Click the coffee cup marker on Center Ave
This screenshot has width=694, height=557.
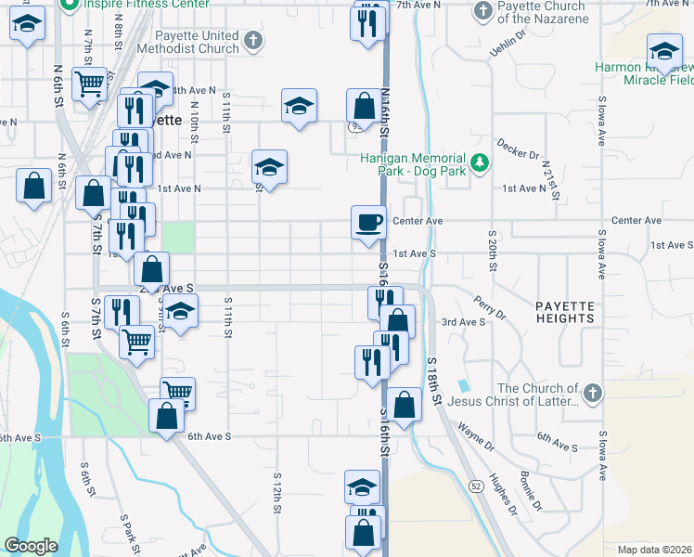tap(369, 224)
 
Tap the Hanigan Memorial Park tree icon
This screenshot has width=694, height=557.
tap(480, 163)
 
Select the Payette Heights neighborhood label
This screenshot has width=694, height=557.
tap(564, 311)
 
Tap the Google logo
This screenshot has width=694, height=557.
tap(31, 545)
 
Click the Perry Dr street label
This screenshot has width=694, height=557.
tap(489, 307)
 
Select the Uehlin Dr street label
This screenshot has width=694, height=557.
tap(508, 43)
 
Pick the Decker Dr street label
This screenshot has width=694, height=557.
tap(518, 148)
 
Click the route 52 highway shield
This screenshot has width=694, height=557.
tap(476, 486)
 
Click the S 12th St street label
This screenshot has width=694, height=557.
tap(277, 492)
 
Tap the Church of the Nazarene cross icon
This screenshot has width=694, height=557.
tap(481, 11)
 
